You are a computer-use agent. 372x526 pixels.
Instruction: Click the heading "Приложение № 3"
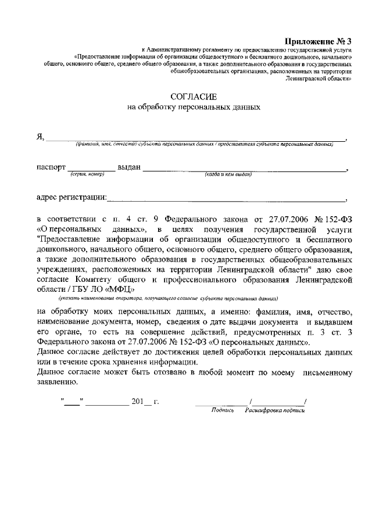click(319, 41)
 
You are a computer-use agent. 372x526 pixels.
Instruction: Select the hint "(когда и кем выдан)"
click(228, 174)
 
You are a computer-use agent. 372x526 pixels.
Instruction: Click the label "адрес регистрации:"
click(71, 197)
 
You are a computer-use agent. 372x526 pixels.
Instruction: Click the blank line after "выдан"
click(244, 170)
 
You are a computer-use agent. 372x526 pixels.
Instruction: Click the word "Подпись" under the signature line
click(223, 410)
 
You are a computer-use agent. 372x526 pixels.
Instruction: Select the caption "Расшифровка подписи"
click(275, 410)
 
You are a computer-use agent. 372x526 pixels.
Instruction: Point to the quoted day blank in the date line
click(73, 401)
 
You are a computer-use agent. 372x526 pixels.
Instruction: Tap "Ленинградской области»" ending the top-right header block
click(320, 77)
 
